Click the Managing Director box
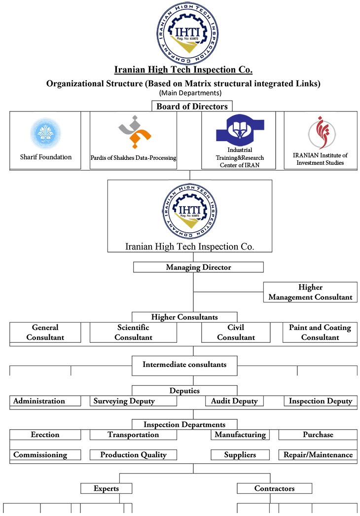click(198, 267)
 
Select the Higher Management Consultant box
click(310, 292)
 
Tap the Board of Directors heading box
click(192, 106)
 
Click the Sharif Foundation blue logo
click(46, 134)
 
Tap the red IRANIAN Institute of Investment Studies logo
click(322, 133)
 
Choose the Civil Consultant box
click(236, 332)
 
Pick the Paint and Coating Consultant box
click(320, 332)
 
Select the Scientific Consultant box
click(133, 332)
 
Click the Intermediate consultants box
click(184, 366)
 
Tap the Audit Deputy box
click(235, 401)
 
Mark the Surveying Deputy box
click(133, 401)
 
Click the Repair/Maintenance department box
click(318, 455)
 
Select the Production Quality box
click(133, 455)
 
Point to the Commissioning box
click(45, 455)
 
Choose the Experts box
click(107, 488)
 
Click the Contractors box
click(275, 488)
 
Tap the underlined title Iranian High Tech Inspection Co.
click(183, 70)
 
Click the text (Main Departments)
click(190, 93)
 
